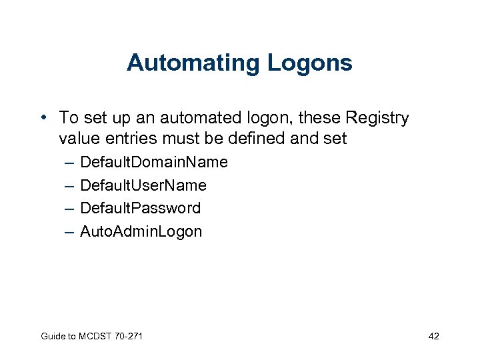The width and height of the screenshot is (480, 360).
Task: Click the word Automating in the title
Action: coord(194,63)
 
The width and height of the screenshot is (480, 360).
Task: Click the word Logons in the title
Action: coord(310,63)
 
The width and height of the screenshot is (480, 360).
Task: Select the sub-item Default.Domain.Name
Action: coord(153,162)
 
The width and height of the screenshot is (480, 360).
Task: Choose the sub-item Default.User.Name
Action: coord(143,185)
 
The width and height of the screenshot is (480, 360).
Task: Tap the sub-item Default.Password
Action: coord(140,208)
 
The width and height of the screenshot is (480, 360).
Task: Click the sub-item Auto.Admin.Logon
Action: coord(141,231)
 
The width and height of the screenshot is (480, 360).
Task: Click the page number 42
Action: coord(433,336)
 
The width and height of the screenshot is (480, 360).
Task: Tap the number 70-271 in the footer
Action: coord(128,336)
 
